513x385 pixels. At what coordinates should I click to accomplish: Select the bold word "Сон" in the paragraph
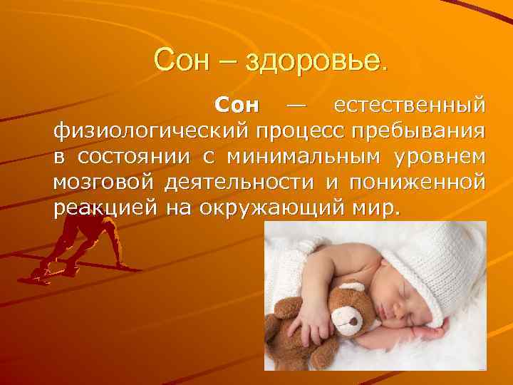click(x=238, y=108)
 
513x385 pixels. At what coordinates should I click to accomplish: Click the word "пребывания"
click(x=419, y=133)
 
